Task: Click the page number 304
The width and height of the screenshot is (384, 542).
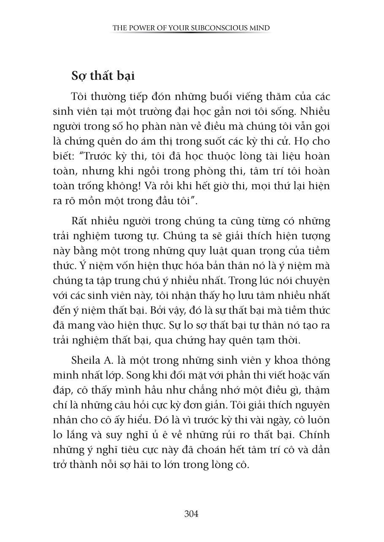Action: pyautogui.click(x=191, y=514)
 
